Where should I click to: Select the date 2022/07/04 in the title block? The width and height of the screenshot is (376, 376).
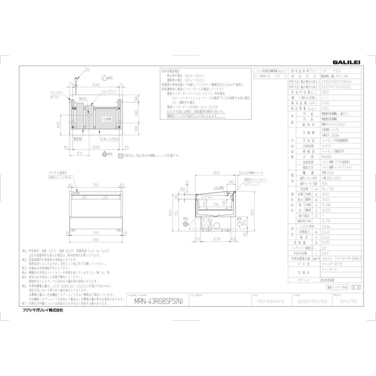pyautogui.click(x=309, y=301)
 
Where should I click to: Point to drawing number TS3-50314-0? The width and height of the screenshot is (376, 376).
pyautogui.click(x=268, y=301)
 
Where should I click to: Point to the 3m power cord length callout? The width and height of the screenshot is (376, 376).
pyautogui.click(x=87, y=69)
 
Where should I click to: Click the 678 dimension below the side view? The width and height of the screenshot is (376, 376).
pyautogui.click(x=216, y=239)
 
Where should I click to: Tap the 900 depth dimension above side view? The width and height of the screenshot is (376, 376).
pyautogui.click(x=216, y=173)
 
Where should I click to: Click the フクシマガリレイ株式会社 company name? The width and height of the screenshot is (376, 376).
pyautogui.click(x=42, y=310)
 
